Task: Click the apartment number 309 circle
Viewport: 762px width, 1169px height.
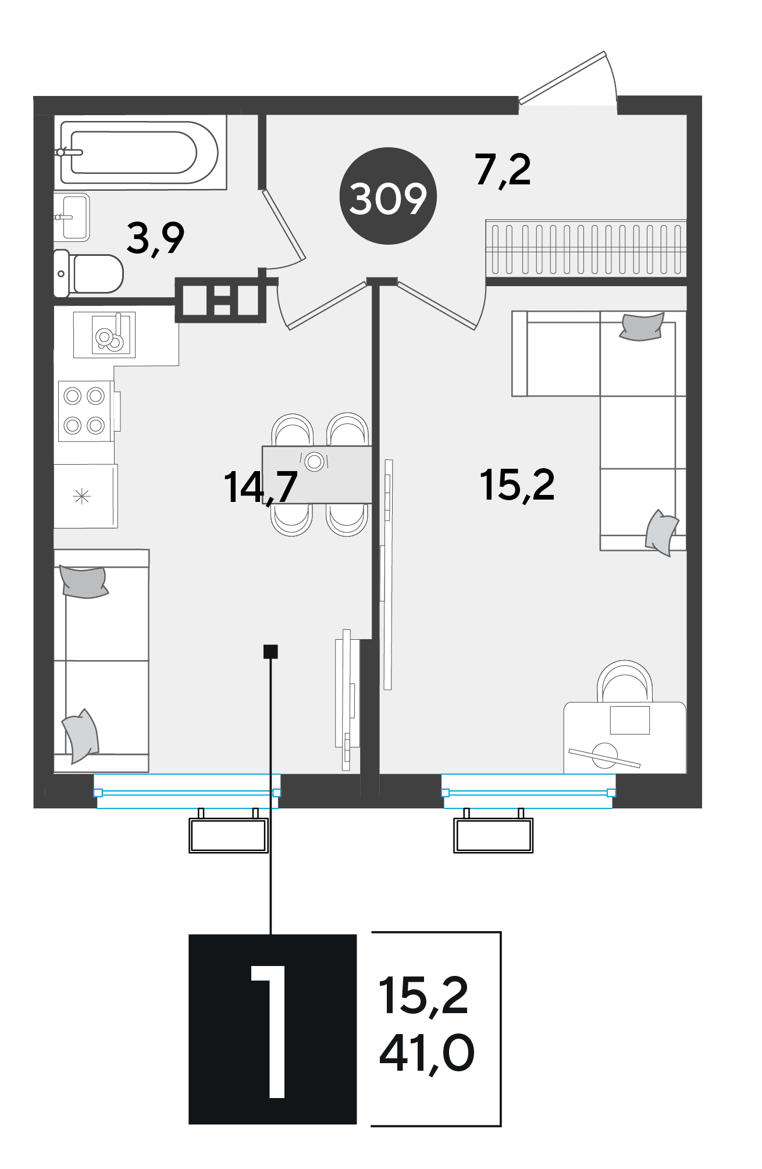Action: pyautogui.click(x=388, y=196)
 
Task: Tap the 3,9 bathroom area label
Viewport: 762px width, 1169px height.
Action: pyautogui.click(x=155, y=238)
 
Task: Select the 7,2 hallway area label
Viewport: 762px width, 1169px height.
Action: pyautogui.click(x=503, y=170)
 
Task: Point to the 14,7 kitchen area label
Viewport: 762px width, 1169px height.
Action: pyautogui.click(x=261, y=487)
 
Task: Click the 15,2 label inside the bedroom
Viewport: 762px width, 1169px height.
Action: pyautogui.click(x=517, y=486)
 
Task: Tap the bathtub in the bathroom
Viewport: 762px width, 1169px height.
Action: pyautogui.click(x=140, y=152)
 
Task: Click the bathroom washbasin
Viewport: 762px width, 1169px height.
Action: pyautogui.click(x=72, y=217)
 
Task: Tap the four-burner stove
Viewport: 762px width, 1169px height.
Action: pyautogui.click(x=84, y=411)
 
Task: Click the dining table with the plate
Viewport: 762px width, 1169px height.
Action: pyautogui.click(x=317, y=474)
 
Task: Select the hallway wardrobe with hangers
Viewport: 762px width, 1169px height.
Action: pyautogui.click(x=586, y=249)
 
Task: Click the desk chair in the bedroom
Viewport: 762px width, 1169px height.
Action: pyautogui.click(x=625, y=682)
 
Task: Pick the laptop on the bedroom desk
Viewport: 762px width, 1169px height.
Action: pyautogui.click(x=629, y=721)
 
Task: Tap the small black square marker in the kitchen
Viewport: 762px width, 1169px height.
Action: pyautogui.click(x=270, y=651)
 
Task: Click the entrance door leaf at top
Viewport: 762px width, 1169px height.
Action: pyautogui.click(x=563, y=78)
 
